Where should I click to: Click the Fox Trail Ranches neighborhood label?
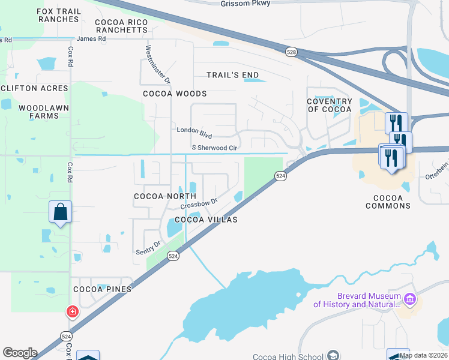pyautogui.click(x=58, y=15)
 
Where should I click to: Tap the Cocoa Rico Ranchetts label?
pyautogui.click(x=121, y=26)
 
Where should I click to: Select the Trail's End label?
pyautogui.click(x=233, y=75)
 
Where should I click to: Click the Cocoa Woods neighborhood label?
pyautogui.click(x=175, y=94)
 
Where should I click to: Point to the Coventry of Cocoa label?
pyautogui.click(x=330, y=106)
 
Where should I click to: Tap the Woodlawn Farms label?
pyautogui.click(x=44, y=112)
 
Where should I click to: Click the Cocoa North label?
pyautogui.click(x=165, y=196)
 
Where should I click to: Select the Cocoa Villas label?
pyautogui.click(x=206, y=220)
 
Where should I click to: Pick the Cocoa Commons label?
pyautogui.click(x=388, y=202)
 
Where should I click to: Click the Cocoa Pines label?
pyautogui.click(x=102, y=289)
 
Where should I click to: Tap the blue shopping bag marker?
pyautogui.click(x=61, y=212)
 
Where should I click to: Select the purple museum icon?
pyautogui.click(x=411, y=298)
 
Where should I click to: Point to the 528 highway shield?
pyautogui.click(x=291, y=52)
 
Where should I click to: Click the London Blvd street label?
pyautogui.click(x=194, y=130)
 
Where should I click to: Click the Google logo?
pyautogui.click(x=20, y=353)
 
